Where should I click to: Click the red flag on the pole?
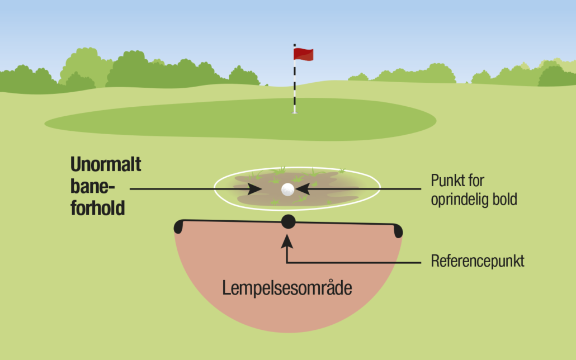tap(304, 54)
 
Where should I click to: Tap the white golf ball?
tap(287, 190)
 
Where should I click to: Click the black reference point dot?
tap(289, 221)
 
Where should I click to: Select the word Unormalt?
tap(106, 164)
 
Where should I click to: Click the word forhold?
tap(98, 208)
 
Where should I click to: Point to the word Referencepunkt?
tap(478, 261)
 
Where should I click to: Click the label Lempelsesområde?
tap(287, 288)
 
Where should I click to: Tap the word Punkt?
tap(447, 181)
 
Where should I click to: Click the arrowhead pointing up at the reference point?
tap(287, 241)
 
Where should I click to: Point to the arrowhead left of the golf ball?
tap(254, 189)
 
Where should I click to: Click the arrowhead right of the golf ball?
tap(303, 189)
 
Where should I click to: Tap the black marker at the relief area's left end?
tap(178, 226)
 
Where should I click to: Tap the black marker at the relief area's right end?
tap(398, 231)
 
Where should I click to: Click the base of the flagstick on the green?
tap(294, 112)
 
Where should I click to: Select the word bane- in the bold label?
tap(93, 186)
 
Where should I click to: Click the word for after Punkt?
tap(476, 181)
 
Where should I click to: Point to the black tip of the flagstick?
tap(294, 45)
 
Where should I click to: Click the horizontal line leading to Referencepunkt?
tap(354, 263)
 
